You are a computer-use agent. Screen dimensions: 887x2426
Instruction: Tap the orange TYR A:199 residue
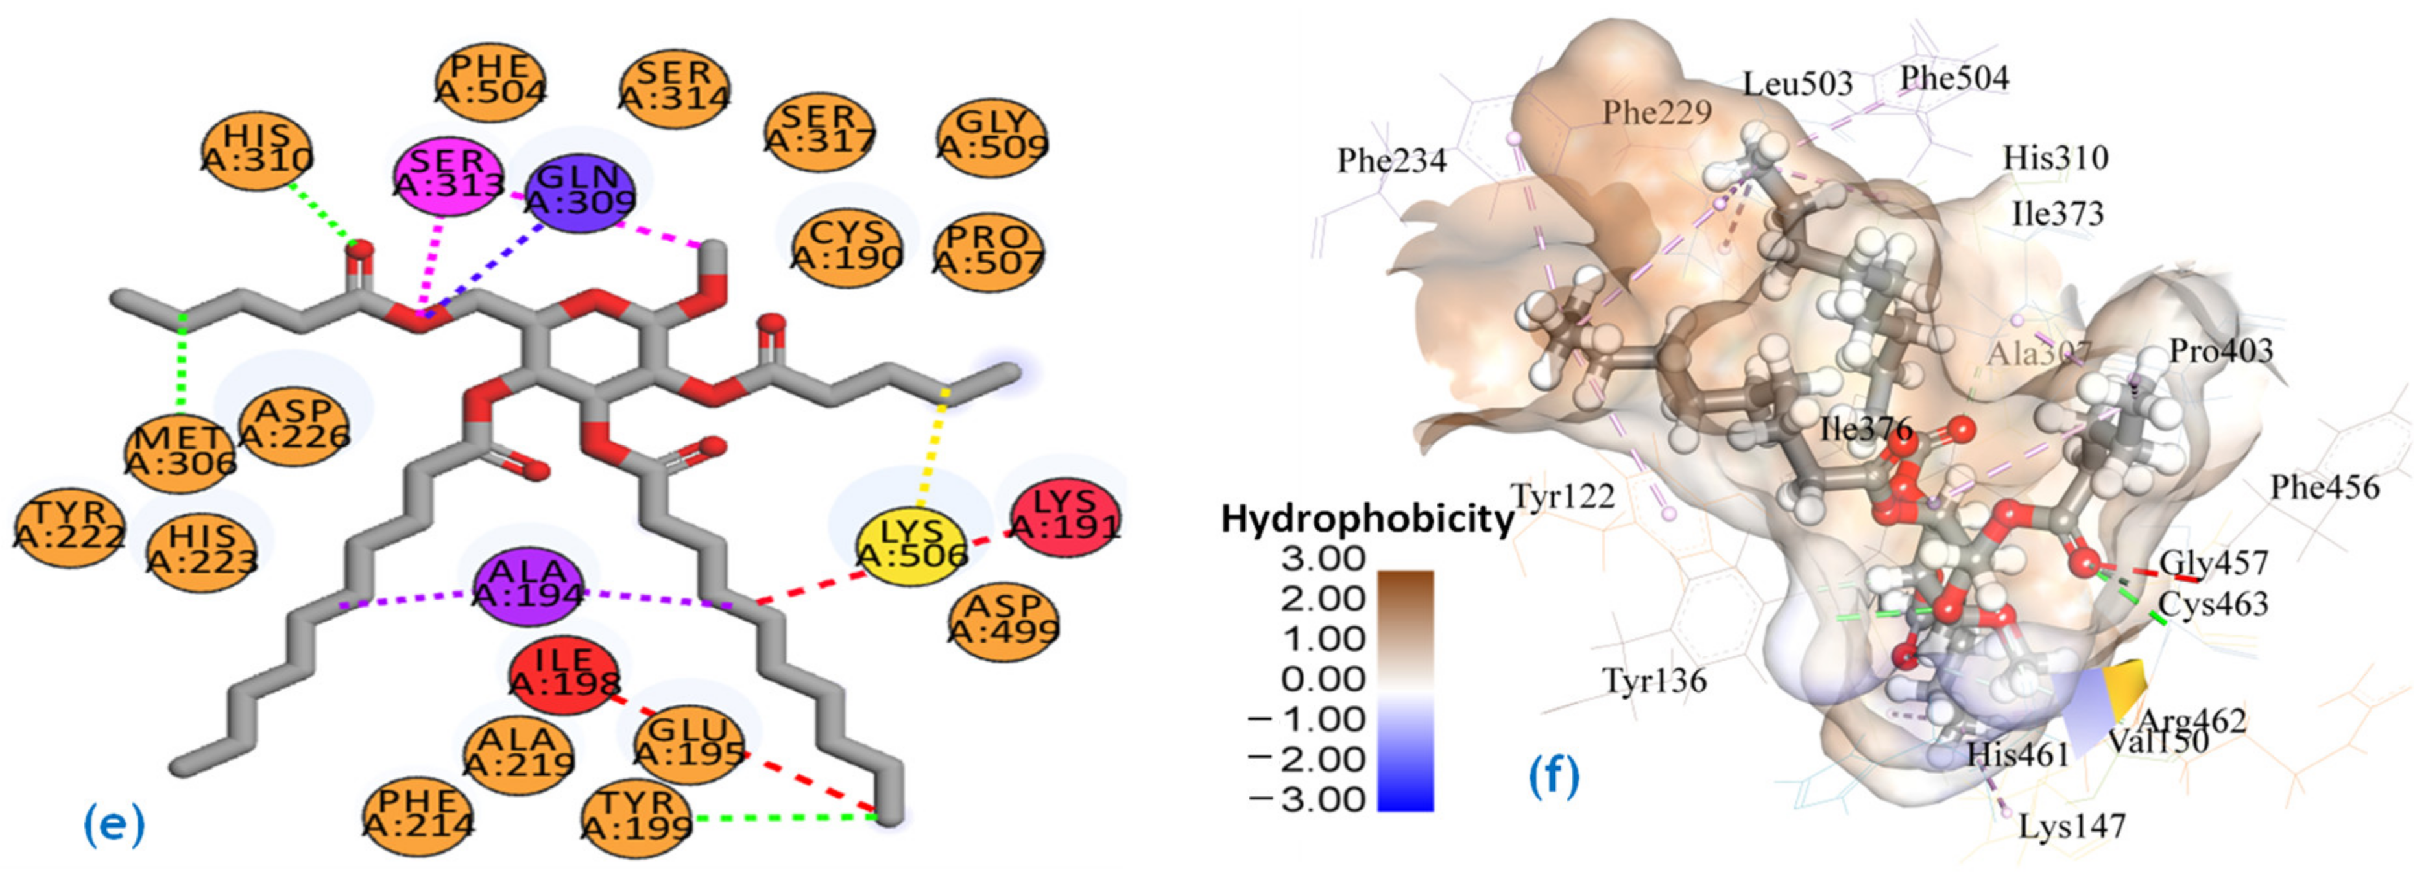(636, 816)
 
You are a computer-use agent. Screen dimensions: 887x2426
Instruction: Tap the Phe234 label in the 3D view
(1391, 161)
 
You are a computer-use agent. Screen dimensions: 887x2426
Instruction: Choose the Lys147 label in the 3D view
(2072, 826)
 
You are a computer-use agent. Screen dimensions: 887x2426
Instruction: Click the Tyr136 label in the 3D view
(1655, 680)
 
